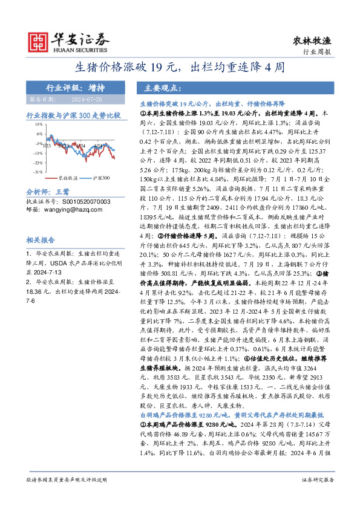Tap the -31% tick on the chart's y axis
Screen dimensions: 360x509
(x=38, y=172)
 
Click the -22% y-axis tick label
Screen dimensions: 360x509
(x=38, y=163)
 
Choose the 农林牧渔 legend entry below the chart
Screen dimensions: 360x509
(x=67, y=179)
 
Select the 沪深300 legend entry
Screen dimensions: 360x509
(x=101, y=179)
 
